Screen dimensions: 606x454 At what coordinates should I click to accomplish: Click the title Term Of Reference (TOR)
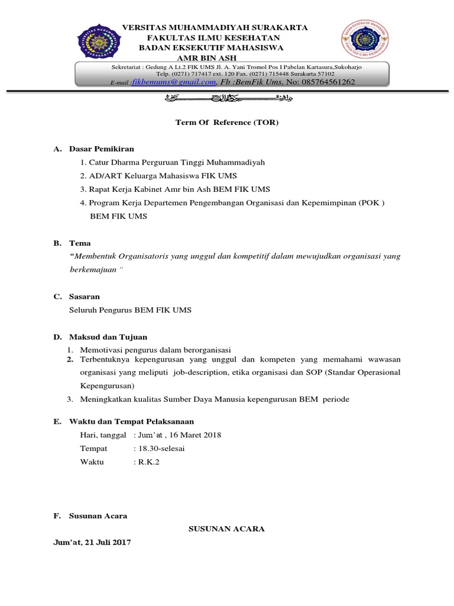pos(226,123)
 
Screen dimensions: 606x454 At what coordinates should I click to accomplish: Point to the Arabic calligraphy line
pos(227,98)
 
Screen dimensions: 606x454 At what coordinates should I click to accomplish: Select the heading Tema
pos(80,243)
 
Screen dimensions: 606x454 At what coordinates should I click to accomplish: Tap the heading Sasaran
pos(84,296)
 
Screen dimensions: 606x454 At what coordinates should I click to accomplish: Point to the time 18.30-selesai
pos(161,449)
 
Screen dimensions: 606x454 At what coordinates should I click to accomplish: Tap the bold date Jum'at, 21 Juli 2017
pos(92,542)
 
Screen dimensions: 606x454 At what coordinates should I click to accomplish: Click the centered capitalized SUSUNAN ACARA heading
pos(226,528)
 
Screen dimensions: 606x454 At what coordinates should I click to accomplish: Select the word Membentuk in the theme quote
pos(98,256)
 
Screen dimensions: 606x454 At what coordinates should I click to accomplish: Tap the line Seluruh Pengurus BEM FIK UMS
pos(130,310)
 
